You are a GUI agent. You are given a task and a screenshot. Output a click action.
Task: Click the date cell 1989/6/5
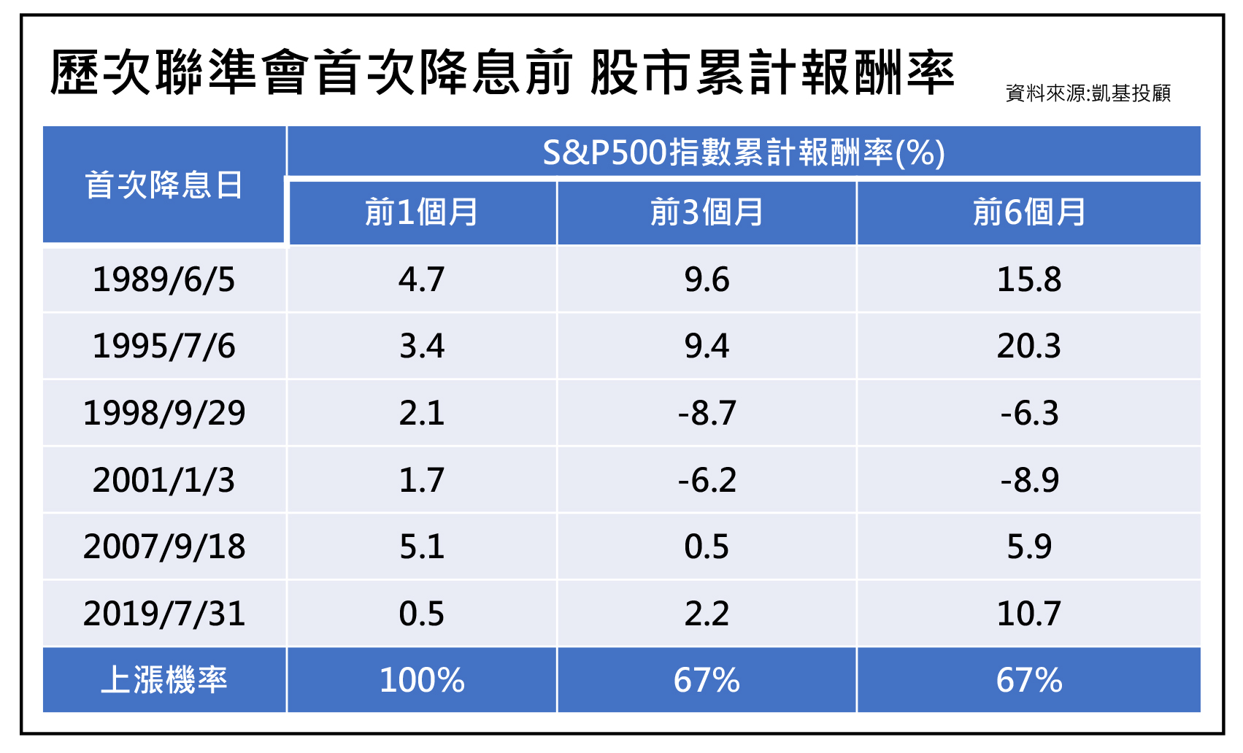click(163, 279)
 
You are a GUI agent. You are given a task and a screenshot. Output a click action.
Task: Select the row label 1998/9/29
click(163, 413)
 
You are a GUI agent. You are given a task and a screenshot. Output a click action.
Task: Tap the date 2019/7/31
click(163, 614)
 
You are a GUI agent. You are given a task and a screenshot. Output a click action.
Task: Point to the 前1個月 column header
click(421, 212)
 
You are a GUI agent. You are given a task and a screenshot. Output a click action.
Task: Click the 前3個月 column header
click(707, 212)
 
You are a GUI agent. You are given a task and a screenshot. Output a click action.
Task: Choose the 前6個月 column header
click(1029, 212)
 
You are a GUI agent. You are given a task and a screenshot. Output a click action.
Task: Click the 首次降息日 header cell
click(163, 185)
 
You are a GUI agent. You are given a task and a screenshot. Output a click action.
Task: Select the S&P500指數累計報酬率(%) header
click(744, 152)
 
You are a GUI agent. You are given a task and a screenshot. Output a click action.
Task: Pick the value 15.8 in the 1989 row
click(1029, 279)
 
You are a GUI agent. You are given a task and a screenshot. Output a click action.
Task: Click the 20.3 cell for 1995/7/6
click(1029, 347)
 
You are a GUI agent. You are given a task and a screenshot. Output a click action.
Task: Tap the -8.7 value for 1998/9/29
click(707, 413)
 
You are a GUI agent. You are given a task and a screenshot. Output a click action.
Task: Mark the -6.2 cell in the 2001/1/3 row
click(707, 480)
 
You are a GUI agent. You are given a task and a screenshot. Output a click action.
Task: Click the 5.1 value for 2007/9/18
click(422, 547)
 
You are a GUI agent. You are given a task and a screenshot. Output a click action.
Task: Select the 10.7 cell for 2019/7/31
click(1029, 614)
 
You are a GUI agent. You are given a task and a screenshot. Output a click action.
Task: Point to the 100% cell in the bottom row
click(422, 680)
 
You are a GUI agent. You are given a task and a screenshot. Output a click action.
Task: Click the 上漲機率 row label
click(163, 680)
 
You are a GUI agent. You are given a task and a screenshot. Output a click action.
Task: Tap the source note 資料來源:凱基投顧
click(1088, 93)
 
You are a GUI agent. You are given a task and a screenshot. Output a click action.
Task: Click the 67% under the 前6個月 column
click(1029, 680)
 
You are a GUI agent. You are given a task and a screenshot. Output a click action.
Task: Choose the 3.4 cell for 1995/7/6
click(422, 347)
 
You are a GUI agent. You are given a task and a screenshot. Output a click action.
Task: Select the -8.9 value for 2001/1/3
click(1029, 480)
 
